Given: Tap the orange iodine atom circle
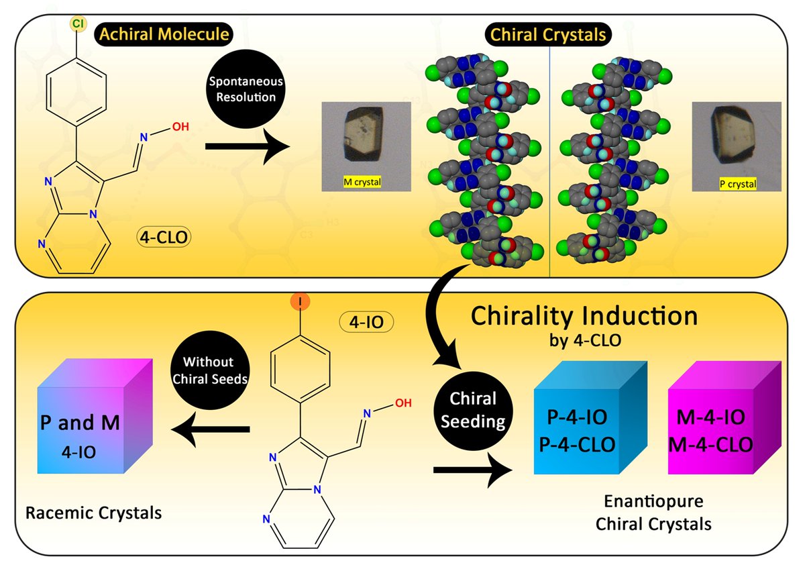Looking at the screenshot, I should pos(299,303).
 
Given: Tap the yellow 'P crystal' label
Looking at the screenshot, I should pos(737,184).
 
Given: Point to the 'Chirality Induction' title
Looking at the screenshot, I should pos(584,316).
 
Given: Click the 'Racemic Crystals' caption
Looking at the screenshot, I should pos(94,514).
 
